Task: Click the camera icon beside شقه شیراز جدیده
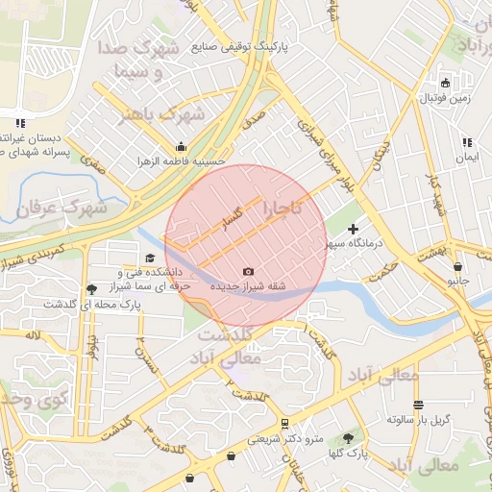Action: coord(249,272)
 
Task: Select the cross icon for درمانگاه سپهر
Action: coord(353,229)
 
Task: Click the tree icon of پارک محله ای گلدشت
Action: coord(91,288)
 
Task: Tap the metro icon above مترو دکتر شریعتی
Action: coord(284,424)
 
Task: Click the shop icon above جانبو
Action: coord(457,267)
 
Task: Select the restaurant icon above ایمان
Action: coord(467,142)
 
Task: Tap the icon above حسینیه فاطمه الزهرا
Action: coord(181,147)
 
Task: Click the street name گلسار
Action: coord(236,213)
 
